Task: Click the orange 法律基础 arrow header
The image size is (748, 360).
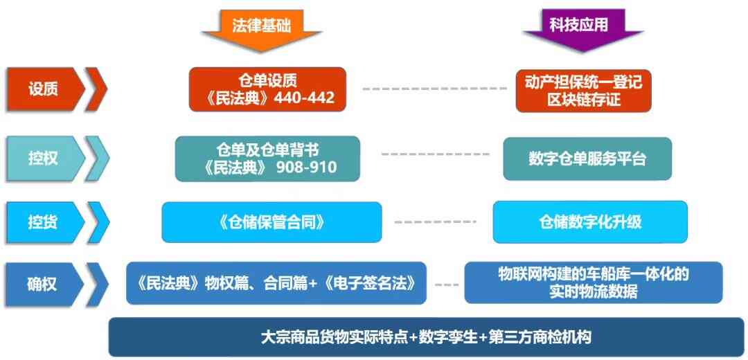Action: (261, 30)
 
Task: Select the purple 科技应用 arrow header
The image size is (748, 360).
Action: (583, 29)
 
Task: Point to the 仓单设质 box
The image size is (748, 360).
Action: (267, 89)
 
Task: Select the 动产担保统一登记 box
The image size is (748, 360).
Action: (583, 91)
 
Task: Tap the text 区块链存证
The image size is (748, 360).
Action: (583, 99)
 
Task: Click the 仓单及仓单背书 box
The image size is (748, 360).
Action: (267, 159)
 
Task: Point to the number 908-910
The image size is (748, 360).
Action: (306, 167)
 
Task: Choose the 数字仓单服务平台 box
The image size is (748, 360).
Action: (587, 159)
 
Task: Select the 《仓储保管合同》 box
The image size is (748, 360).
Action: (272, 222)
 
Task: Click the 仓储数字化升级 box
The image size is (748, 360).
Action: (590, 222)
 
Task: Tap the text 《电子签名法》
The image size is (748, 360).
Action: (368, 284)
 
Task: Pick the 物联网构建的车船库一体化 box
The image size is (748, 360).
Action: (594, 282)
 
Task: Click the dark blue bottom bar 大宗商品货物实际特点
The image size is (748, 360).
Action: (427, 337)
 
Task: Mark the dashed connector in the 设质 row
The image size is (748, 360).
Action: (435, 89)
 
